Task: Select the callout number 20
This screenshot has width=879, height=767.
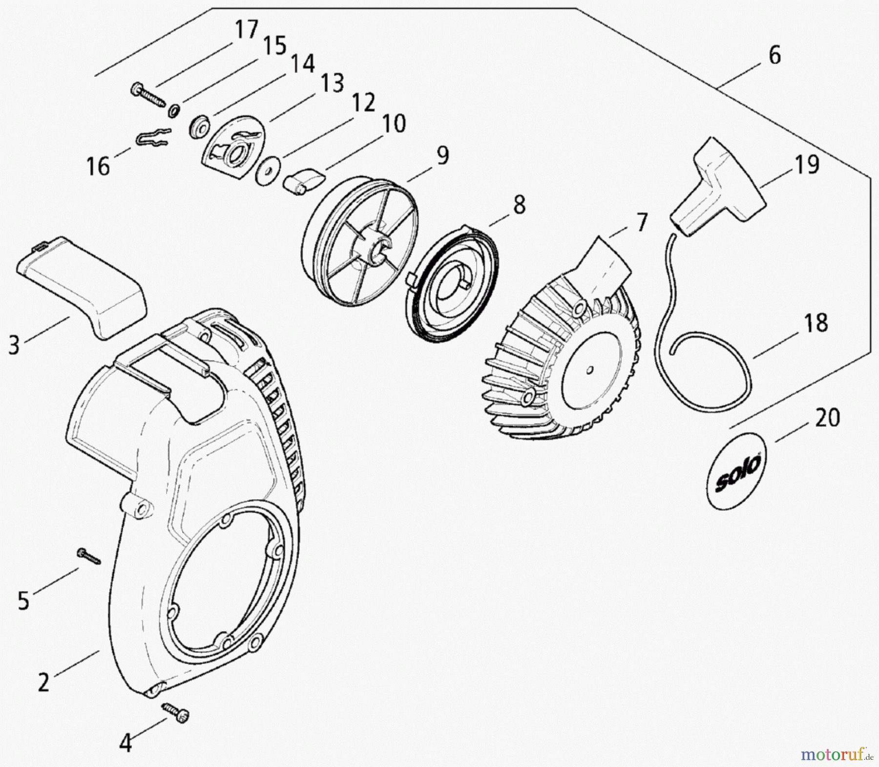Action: coord(827,418)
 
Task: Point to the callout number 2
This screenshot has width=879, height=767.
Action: coord(44,682)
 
